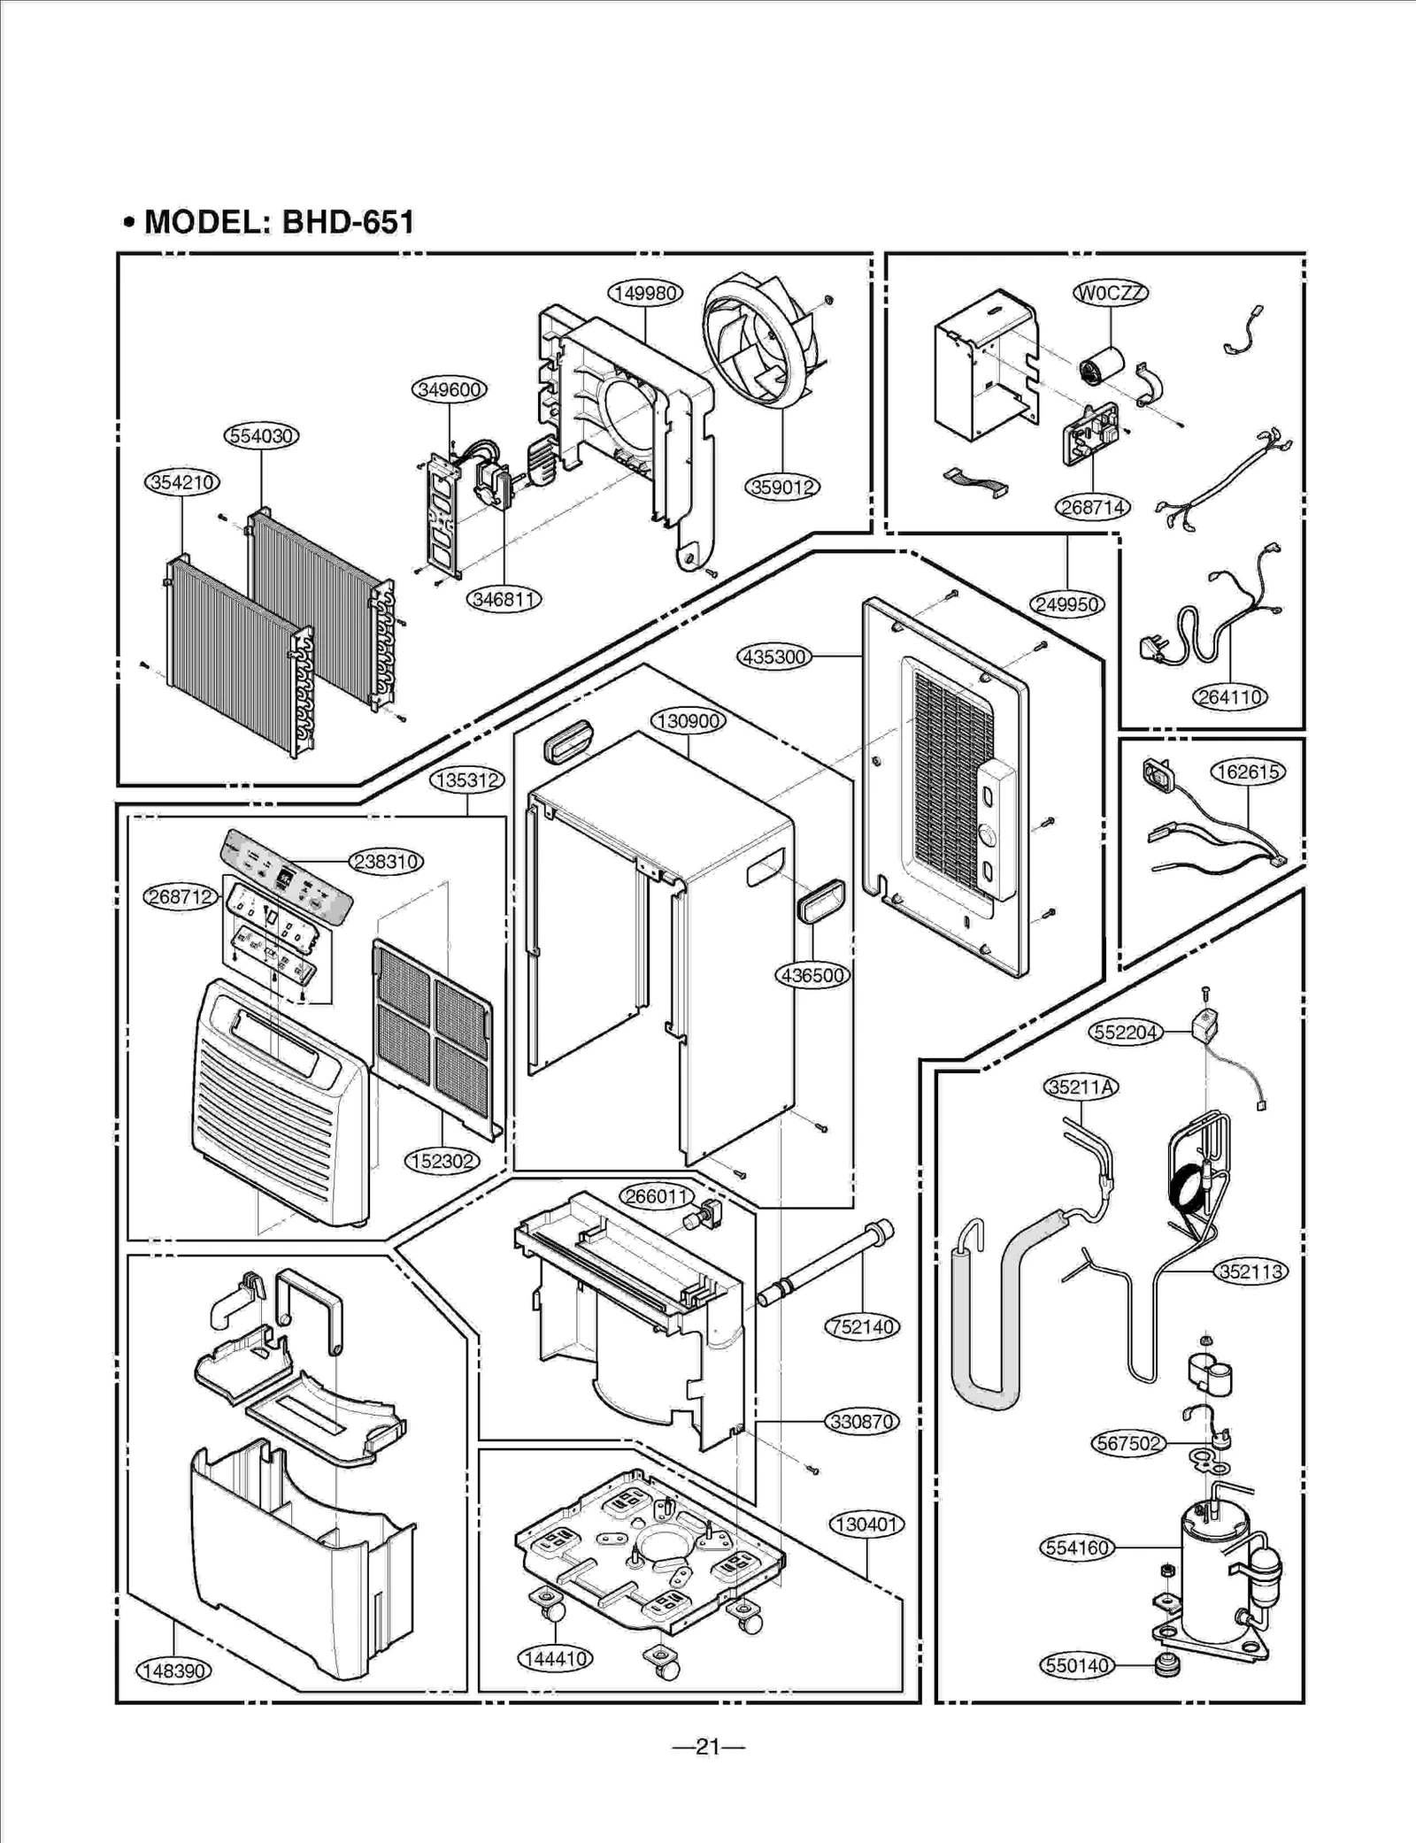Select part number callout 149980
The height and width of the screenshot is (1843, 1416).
[x=645, y=293]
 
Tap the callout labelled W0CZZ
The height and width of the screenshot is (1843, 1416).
[x=1111, y=293]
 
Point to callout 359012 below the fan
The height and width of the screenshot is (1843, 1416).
[x=782, y=487]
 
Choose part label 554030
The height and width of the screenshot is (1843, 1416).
[x=261, y=436]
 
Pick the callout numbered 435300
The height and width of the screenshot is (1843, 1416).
[x=774, y=657]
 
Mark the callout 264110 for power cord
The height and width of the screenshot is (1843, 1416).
[x=1229, y=697]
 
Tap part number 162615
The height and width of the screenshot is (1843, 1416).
[x=1248, y=772]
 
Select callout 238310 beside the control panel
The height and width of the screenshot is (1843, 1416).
[x=386, y=861]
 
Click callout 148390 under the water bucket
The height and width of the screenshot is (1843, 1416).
[x=173, y=1670]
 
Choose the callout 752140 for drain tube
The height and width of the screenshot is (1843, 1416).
[x=862, y=1326]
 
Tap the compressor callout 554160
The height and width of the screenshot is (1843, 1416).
[x=1077, y=1547]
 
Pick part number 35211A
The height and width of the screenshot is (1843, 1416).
[x=1081, y=1087]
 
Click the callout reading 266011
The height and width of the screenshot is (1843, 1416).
[x=656, y=1196]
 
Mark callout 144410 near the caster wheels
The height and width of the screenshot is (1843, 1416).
[x=555, y=1659]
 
